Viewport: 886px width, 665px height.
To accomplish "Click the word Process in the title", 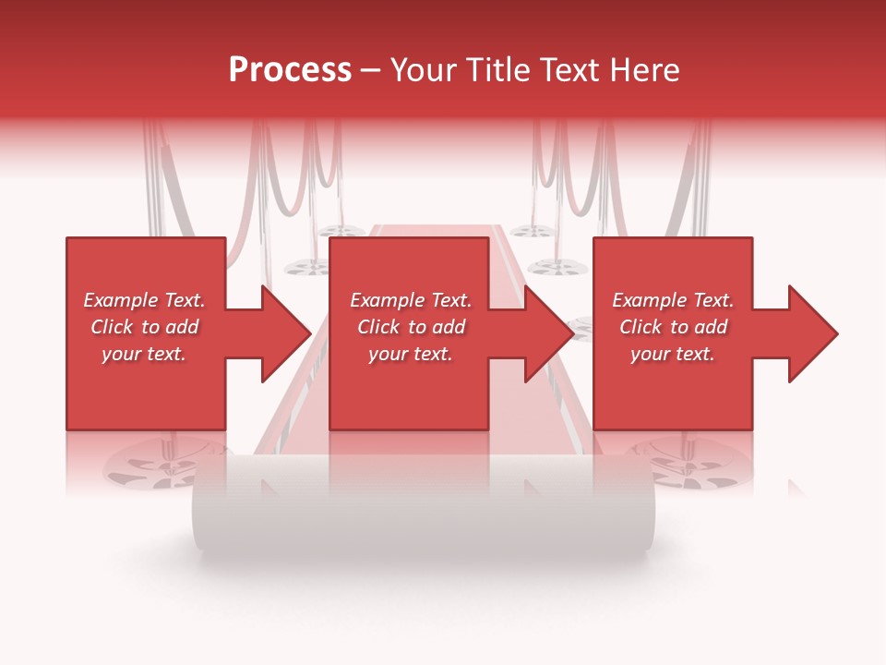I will click(290, 70).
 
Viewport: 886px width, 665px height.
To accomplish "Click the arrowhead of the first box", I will click(286, 333).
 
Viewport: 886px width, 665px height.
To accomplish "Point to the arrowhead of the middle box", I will click(549, 333).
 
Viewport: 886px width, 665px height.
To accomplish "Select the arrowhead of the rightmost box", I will click(813, 333).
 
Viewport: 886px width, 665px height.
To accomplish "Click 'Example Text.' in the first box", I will click(144, 300).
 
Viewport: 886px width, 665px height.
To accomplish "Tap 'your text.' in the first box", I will click(144, 354).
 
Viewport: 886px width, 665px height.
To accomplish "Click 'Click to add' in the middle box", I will click(411, 327).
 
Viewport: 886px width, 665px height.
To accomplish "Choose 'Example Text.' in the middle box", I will click(411, 300).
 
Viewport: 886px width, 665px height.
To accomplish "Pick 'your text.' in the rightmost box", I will click(673, 354).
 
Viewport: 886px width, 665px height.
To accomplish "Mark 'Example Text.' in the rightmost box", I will click(673, 300).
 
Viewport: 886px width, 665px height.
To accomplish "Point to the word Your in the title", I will click(424, 70).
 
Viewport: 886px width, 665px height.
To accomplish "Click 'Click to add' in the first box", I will click(144, 327).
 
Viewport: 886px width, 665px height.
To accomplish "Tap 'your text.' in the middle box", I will click(411, 354).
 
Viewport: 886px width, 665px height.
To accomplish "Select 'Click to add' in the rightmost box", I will click(673, 327).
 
